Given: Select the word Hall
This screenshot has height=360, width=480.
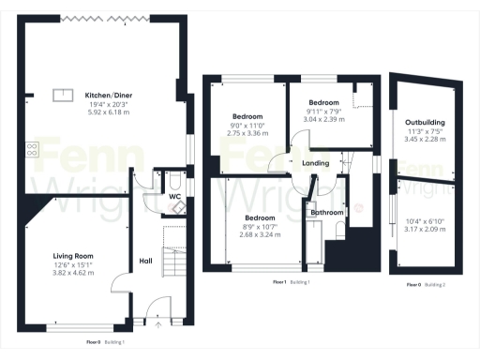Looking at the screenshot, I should pos(146,262).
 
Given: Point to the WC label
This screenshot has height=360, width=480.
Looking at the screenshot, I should pos(175,197).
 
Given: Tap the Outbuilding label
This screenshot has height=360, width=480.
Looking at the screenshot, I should pos(425,122).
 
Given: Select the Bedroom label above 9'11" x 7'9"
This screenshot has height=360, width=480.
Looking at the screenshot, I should pos(323,102).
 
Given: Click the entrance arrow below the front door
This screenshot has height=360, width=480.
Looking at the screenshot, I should pos(157,323).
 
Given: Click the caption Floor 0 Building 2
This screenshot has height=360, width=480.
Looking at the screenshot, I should pos(426,283).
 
